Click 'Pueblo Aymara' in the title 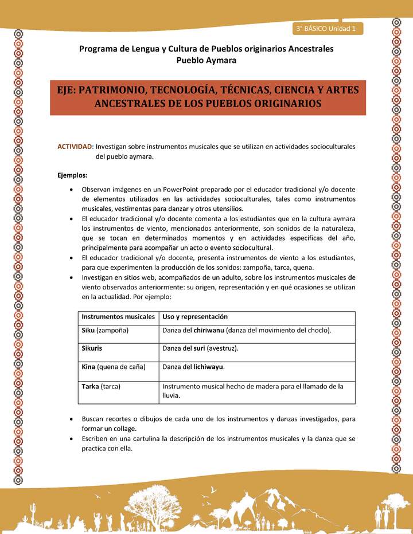tap(206, 60)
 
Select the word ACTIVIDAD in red tap(75, 147)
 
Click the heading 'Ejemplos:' tap(72, 175)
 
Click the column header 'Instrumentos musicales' tap(118, 317)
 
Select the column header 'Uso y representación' tap(195, 317)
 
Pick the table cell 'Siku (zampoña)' tap(105, 331)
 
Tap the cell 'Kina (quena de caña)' tap(114, 367)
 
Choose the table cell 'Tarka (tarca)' tap(101, 386)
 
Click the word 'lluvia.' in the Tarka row tap(172, 395)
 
